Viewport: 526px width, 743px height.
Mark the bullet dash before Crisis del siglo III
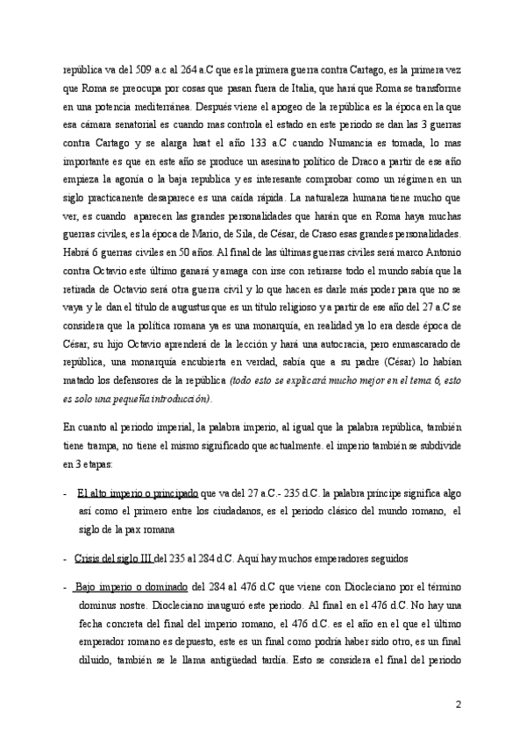click(x=67, y=557)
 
